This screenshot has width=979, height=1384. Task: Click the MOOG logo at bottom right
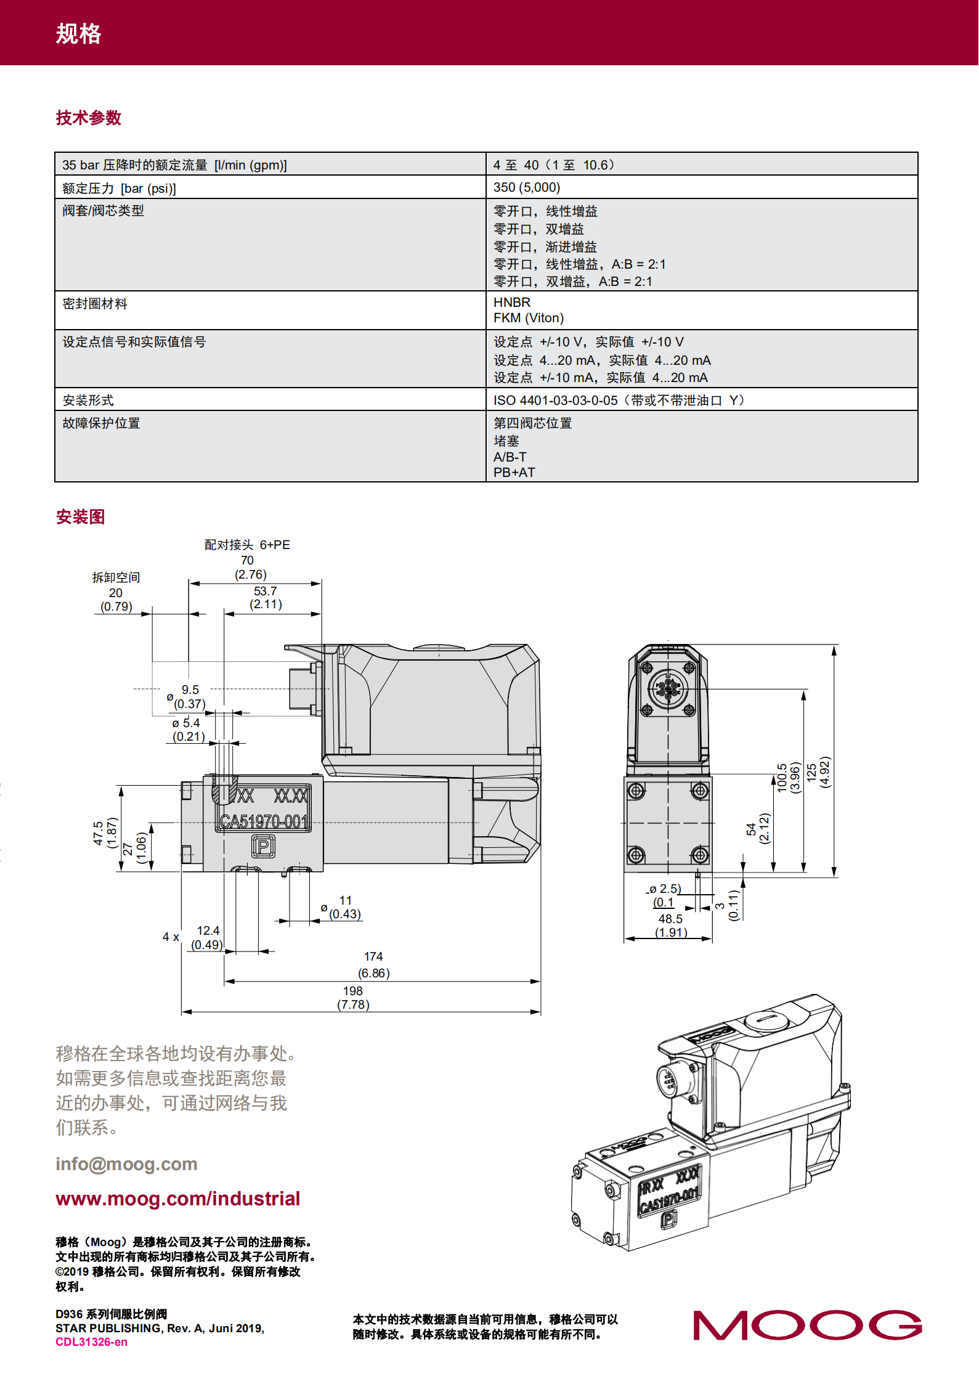[807, 1325]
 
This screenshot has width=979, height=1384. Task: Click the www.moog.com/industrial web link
[177, 1199]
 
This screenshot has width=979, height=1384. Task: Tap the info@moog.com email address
[126, 1164]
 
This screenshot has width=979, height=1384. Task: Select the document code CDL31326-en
[91, 1342]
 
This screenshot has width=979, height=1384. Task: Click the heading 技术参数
[88, 118]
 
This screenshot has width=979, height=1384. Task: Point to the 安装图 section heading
[80, 516]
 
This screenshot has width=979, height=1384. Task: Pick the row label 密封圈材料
[95, 304]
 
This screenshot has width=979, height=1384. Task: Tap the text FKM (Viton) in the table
[528, 318]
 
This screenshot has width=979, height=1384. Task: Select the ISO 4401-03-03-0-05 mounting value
[555, 401]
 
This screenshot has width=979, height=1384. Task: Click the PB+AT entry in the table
[514, 473]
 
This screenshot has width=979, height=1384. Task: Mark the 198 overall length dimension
[352, 991]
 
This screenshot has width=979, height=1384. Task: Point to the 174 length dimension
[373, 956]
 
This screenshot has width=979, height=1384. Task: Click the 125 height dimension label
[811, 772]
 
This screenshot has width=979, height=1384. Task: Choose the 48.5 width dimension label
[670, 919]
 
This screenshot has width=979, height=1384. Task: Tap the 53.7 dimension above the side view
[266, 591]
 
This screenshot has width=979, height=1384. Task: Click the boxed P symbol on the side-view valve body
[263, 847]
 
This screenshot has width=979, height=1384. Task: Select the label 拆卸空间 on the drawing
[116, 577]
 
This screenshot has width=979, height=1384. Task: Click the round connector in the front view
[668, 687]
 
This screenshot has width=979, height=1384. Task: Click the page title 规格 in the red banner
[78, 33]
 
